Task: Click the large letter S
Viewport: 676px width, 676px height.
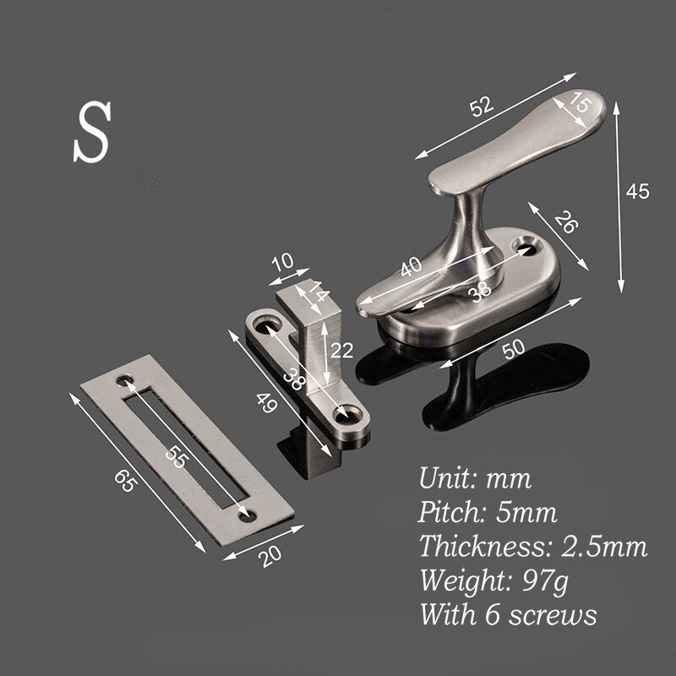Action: pyautogui.click(x=92, y=134)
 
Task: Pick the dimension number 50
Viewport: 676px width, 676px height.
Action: pyautogui.click(x=513, y=347)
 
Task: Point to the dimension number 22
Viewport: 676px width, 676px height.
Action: pyautogui.click(x=341, y=350)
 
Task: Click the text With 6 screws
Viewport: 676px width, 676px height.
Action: pyautogui.click(x=507, y=614)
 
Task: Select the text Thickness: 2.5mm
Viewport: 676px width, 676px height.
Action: pyautogui.click(x=532, y=547)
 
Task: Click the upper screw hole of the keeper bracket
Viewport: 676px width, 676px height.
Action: pyautogui.click(x=272, y=324)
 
